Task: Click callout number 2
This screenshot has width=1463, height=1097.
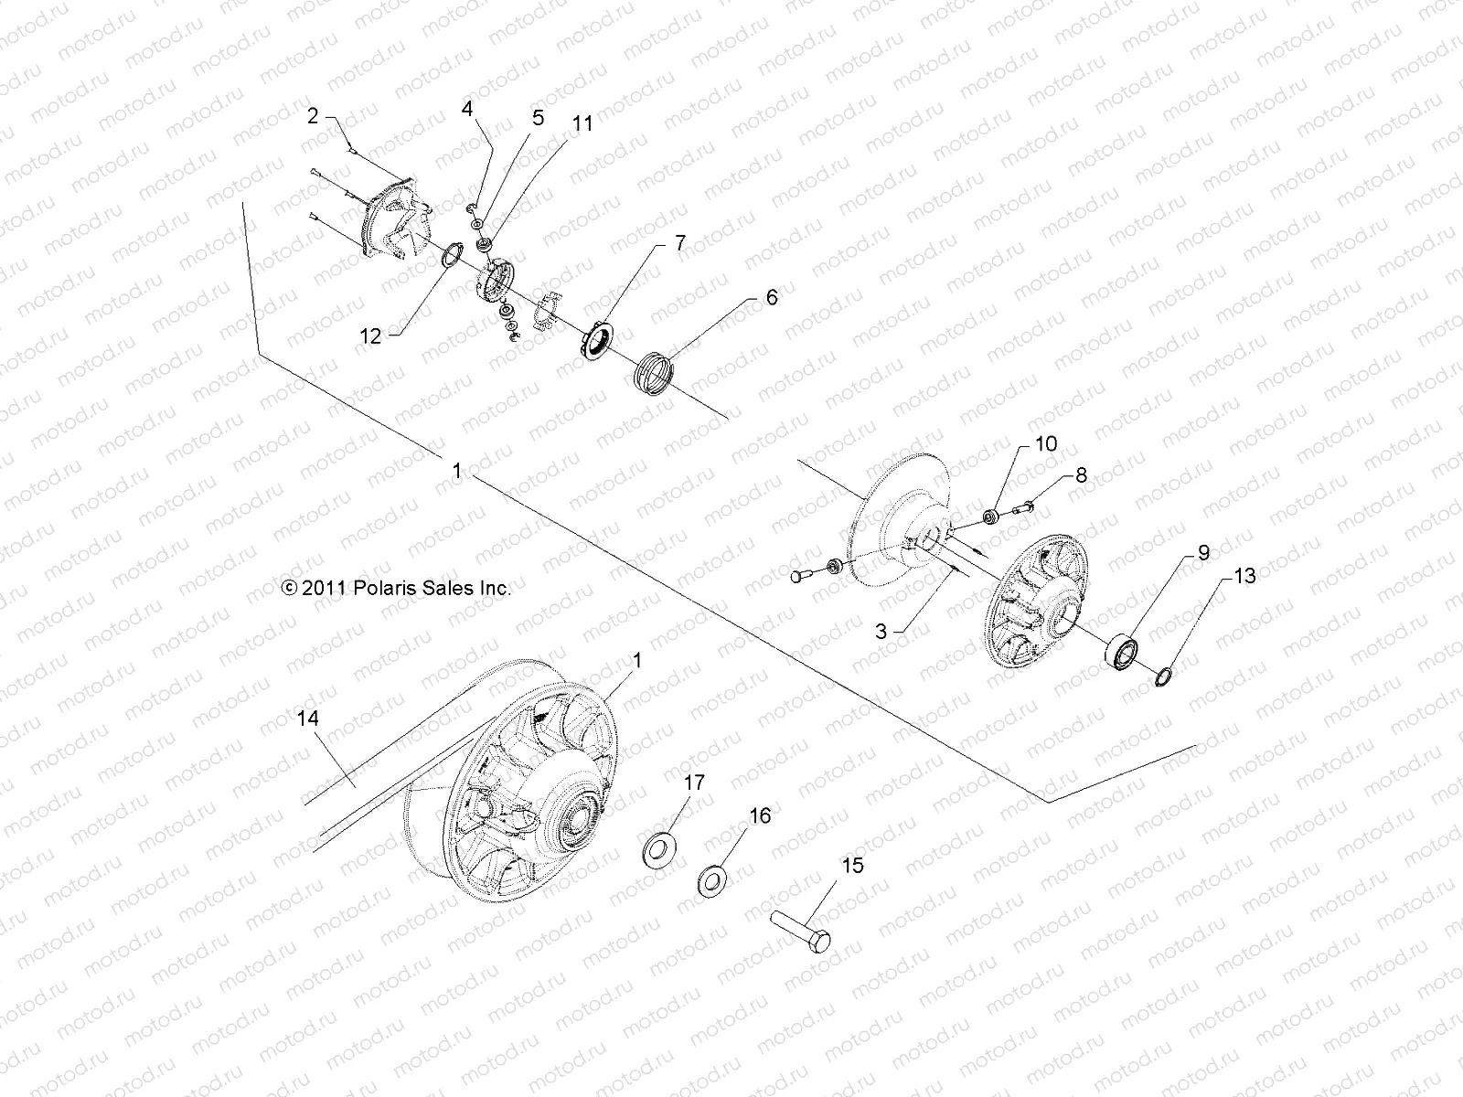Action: [313, 116]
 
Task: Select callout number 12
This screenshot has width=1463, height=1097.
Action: [370, 336]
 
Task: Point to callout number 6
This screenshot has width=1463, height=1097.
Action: [772, 297]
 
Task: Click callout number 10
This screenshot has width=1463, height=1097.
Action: [1046, 444]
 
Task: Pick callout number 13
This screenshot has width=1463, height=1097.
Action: [1244, 576]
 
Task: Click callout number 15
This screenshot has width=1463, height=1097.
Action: [852, 865]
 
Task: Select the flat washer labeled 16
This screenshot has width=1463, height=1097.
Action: [712, 879]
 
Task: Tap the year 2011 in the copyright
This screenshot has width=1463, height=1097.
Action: [322, 589]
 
